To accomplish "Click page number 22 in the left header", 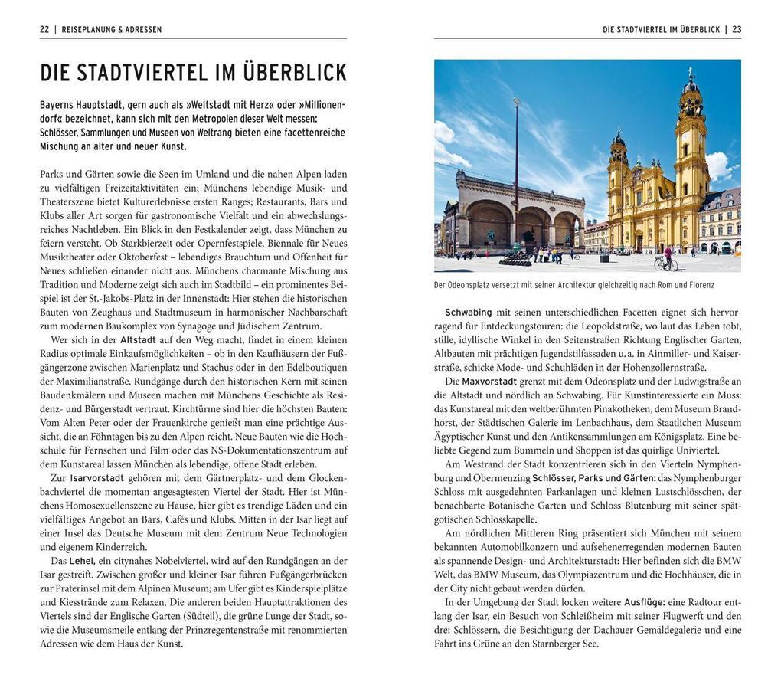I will tap(44, 30).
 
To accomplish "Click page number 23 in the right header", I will tap(737, 30).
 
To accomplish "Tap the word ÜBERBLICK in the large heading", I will tap(295, 74).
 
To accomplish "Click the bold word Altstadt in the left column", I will tap(138, 339).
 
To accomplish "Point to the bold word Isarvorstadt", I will tap(96, 477).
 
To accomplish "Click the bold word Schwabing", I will tap(468, 312).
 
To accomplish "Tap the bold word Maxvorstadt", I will tap(489, 381).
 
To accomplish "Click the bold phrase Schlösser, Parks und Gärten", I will tap(593, 477).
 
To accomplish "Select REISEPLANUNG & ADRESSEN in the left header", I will tap(112, 30).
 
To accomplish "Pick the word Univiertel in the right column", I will tap(694, 450).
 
